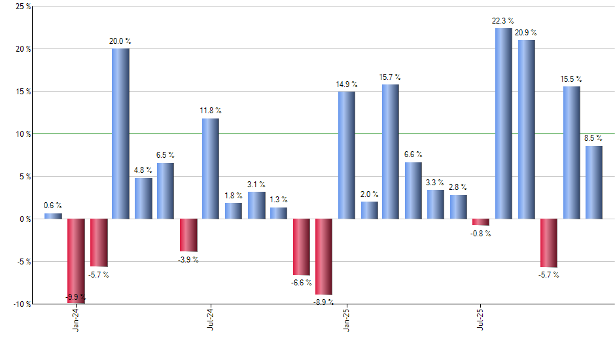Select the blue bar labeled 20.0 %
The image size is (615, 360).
[120, 134]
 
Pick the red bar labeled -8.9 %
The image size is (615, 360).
[324, 257]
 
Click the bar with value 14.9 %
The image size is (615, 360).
[347, 155]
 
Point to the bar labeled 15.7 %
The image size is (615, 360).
[391, 152]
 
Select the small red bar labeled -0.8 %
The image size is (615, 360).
[481, 222]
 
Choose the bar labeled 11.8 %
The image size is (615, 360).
[211, 168]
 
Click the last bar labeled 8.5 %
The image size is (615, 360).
[593, 183]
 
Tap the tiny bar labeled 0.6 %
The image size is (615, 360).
[53, 216]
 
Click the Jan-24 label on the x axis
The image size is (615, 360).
[77, 319]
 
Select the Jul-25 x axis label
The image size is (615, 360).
[481, 319]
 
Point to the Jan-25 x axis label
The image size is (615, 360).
[346, 319]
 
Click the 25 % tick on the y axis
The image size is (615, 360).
[23, 7]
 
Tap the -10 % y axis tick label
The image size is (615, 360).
[22, 304]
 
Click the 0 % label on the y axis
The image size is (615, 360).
[25, 219]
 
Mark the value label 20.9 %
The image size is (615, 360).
[527, 32]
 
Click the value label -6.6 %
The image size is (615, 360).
[302, 283]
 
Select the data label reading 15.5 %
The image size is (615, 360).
[571, 79]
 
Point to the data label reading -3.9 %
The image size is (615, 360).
[188, 260]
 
